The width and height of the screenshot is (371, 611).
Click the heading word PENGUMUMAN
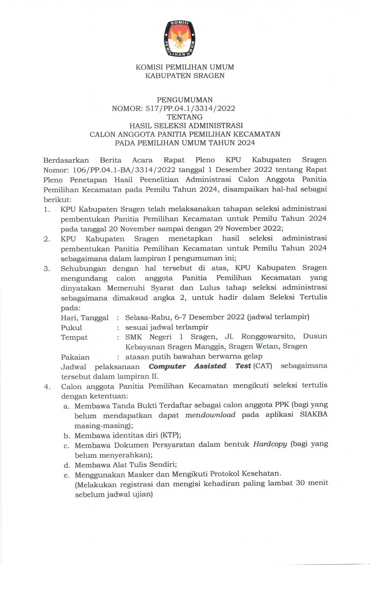(x=185, y=100)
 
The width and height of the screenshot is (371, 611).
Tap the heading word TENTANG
(x=185, y=117)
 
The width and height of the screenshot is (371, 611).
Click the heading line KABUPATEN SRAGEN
(x=185, y=76)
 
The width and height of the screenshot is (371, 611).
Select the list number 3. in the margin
(x=47, y=269)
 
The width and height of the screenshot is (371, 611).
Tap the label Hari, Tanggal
(x=85, y=318)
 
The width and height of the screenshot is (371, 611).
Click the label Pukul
(x=71, y=328)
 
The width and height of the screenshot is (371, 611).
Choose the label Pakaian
(x=75, y=357)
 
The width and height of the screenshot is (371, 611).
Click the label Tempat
(x=74, y=338)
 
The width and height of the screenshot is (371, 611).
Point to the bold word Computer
(x=167, y=366)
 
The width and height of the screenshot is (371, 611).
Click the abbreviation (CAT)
(x=262, y=366)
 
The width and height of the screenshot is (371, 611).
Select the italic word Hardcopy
(x=270, y=444)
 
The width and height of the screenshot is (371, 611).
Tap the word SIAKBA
(x=314, y=415)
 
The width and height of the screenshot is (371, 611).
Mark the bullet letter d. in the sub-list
(x=67, y=465)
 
